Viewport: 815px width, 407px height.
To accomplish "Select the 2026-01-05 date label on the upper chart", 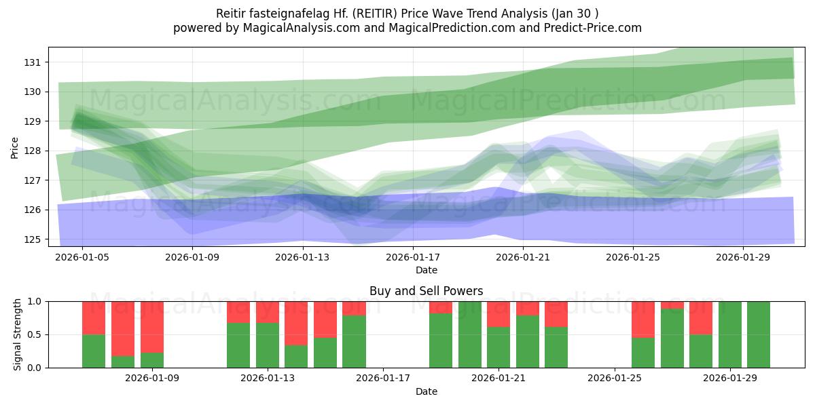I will pos(82,258).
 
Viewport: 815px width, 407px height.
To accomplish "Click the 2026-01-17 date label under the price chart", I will pos(413,258).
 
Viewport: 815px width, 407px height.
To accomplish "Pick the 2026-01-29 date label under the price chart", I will pos(743,258).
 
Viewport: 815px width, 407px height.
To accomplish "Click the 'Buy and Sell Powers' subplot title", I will pos(426,291).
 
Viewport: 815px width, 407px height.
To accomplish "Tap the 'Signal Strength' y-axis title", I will pos(18,334).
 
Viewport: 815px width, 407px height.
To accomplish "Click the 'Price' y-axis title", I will pos(15,148).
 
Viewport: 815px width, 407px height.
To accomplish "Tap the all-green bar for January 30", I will pos(758,334).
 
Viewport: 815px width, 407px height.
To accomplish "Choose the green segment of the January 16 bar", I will pos(354,341).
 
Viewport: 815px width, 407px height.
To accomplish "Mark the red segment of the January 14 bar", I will pos(296,323).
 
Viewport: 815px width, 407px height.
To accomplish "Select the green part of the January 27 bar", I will pos(672,338).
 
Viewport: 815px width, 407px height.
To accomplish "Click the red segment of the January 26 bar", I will pos(642,319).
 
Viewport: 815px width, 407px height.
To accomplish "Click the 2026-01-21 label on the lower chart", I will pos(499,379).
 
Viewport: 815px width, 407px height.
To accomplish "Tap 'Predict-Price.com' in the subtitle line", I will pos(594,28).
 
